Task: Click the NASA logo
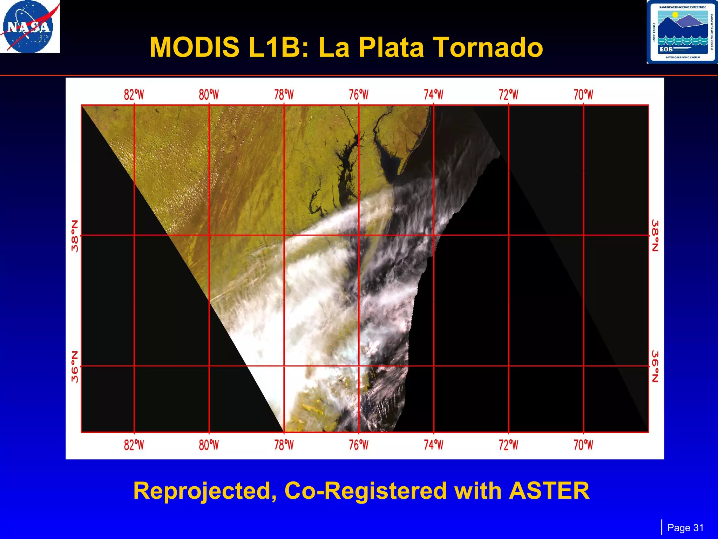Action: point(29,27)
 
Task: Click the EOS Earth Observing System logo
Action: point(682,32)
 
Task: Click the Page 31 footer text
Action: point(685,528)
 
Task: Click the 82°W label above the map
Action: point(134,95)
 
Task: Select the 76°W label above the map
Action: point(359,95)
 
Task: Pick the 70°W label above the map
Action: point(583,95)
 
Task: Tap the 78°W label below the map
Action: point(284,445)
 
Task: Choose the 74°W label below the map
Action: point(434,445)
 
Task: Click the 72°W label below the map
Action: point(508,445)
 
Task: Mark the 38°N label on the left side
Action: point(75,236)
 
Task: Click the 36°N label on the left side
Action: point(75,366)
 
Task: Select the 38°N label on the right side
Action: point(655,235)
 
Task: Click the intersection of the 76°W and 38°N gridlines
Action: point(359,235)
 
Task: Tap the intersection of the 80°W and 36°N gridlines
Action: point(209,366)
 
